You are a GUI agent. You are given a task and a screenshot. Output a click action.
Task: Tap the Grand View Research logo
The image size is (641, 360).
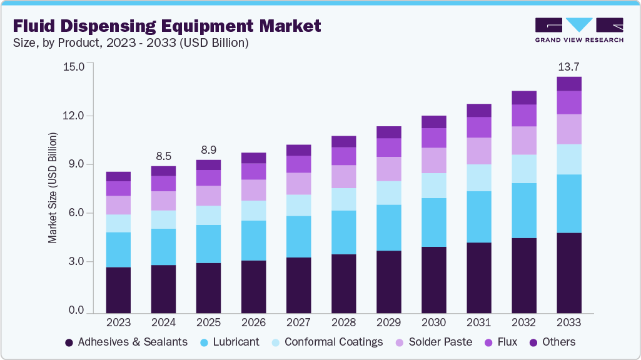pos(578,30)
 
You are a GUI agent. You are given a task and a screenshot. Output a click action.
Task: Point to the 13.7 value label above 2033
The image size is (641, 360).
pos(568,66)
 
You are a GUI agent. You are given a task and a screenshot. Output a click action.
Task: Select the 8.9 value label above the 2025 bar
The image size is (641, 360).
pos(208,151)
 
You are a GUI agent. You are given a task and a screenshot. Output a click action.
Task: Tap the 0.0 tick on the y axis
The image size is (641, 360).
pos(74,311)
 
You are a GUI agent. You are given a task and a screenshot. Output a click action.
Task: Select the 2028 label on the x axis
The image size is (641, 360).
pos(343,322)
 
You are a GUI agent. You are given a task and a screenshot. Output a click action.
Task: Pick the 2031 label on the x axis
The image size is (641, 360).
pos(478,322)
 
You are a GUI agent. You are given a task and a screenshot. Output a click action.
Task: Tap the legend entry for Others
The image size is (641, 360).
pos(552,342)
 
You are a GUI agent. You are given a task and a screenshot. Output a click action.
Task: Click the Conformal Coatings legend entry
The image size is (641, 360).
pos(326,342)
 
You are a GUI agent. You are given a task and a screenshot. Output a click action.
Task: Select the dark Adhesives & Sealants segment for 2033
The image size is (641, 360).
pos(568,272)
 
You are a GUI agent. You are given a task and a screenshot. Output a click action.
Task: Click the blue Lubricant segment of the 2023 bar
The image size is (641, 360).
pos(118,249)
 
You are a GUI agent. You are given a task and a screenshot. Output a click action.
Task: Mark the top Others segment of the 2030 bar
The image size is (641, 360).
pos(433,122)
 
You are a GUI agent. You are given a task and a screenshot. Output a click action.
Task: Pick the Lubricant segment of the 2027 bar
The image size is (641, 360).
pos(298,236)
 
